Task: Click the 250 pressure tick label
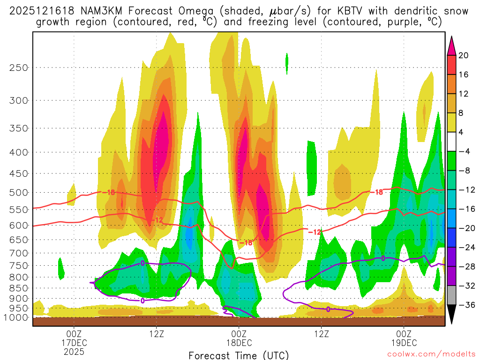coord(19,67)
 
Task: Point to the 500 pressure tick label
coord(19,193)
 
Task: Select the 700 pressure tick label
coord(19,253)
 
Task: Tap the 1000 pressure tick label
coord(16,318)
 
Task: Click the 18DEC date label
coord(239,342)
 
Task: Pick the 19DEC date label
coord(404,342)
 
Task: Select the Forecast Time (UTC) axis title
coord(239,355)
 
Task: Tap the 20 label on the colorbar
coord(464,55)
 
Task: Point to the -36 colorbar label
coord(466,305)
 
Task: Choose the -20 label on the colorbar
coord(466,228)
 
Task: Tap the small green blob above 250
coord(287,63)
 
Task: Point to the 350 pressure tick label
coord(19,128)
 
